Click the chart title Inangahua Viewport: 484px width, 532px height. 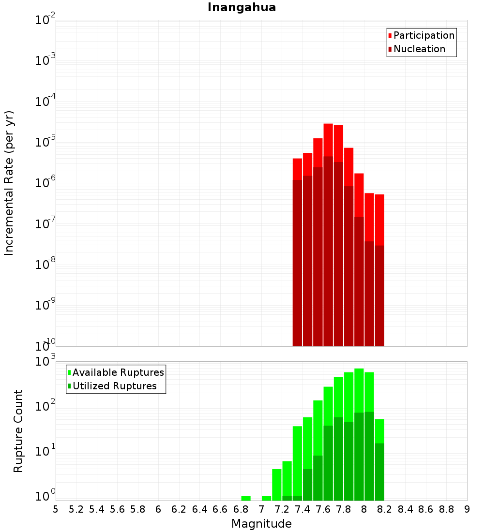coord(242,7)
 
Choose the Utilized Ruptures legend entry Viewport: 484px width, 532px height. coord(114,386)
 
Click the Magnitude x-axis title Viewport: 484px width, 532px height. coord(261,524)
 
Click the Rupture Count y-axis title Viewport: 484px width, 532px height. coord(18,431)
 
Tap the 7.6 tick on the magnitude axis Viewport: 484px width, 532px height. coord(323,509)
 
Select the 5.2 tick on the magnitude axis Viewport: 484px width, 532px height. coord(76,509)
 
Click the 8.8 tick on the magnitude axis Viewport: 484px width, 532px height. coord(446,509)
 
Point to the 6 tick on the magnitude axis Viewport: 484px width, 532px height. coord(158,509)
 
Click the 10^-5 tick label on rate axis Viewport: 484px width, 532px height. coord(45,142)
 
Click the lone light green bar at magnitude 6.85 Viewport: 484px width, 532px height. coord(246,498)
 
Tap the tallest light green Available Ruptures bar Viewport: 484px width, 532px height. coord(359,387)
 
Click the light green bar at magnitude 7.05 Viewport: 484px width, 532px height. coord(266,498)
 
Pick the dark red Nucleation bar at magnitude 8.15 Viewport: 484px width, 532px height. coord(379,295)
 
